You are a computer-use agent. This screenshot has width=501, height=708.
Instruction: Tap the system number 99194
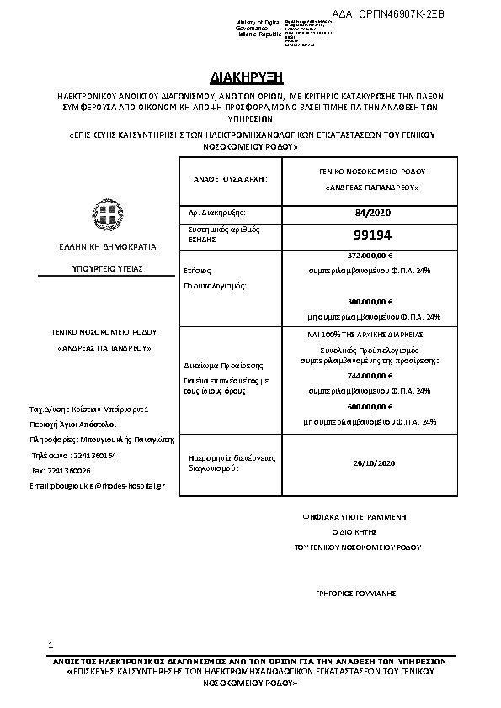370,235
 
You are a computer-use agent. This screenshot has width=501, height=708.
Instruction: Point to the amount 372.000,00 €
370,254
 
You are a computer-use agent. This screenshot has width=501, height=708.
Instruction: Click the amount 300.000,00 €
370,301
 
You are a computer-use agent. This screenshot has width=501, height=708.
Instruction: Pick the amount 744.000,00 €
370,375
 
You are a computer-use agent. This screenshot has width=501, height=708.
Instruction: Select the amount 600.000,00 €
370,406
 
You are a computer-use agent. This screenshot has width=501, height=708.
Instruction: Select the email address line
97,485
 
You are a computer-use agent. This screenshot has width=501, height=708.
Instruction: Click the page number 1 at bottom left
51,645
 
